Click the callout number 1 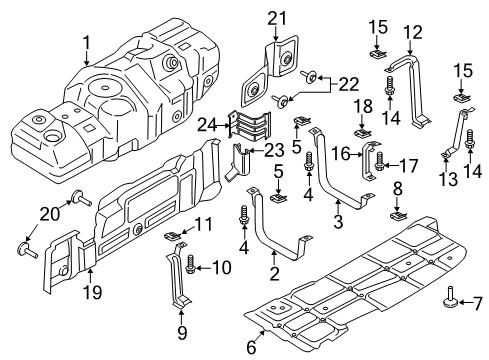pyautogui.click(x=87, y=43)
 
